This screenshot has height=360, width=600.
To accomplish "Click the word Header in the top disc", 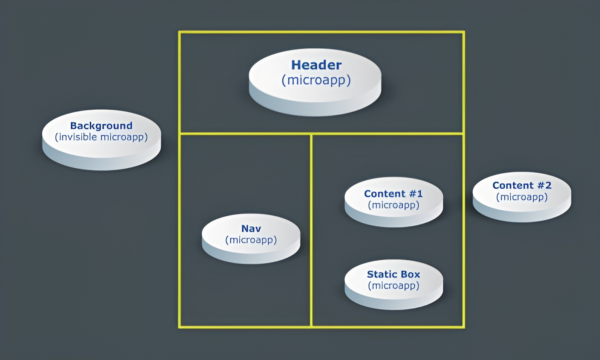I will click(316, 65).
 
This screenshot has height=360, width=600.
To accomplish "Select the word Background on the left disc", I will click(101, 126).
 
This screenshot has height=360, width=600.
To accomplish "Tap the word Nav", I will click(251, 228).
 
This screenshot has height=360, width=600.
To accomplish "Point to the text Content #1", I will click(393, 194).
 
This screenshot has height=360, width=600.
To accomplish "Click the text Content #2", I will click(522, 185).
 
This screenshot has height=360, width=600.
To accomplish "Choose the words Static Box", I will click(393, 274).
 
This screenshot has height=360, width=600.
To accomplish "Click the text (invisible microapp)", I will click(101, 137).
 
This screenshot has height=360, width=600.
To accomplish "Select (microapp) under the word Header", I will click(316, 80).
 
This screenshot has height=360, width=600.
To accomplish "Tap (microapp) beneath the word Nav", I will click(251, 240).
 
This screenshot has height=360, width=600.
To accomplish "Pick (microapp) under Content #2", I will click(522, 197).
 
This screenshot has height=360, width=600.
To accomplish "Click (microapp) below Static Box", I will click(393, 286).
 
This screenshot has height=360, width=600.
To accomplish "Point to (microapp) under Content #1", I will click(393, 205).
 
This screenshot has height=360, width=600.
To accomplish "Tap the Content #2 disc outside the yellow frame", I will click(522, 211).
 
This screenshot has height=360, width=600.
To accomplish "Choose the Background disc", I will click(101, 154).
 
